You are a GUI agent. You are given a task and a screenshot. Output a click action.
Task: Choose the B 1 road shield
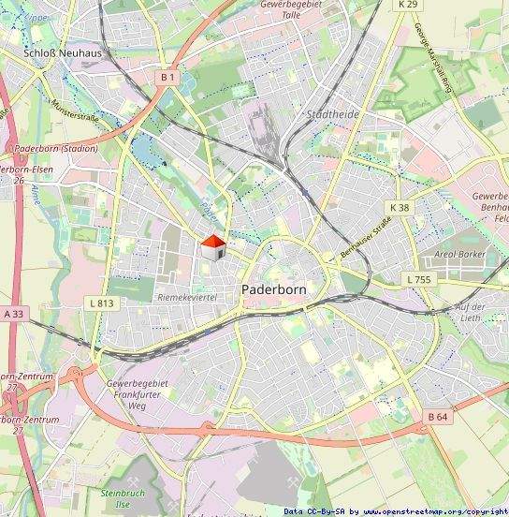(167, 77)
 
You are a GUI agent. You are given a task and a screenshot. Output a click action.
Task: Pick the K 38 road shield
(400, 207)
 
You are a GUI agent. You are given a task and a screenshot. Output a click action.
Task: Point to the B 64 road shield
(438, 416)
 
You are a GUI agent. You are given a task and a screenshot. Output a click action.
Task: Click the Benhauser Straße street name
(365, 237)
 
